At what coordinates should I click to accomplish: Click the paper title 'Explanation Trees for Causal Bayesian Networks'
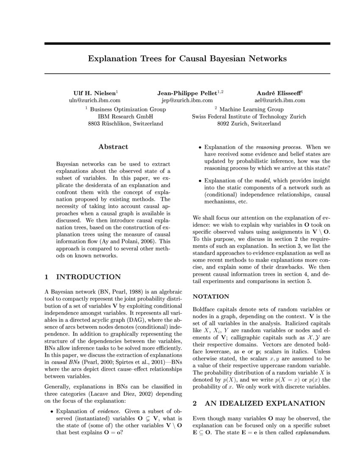[187, 58]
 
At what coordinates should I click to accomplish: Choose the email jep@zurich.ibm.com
[187, 100]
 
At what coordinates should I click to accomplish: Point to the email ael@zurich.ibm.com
[280, 100]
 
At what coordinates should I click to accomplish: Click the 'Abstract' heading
[113, 147]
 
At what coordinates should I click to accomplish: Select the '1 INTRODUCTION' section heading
[83, 277]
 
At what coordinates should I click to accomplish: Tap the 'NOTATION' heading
[211, 297]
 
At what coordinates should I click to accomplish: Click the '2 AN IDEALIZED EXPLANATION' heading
[259, 403]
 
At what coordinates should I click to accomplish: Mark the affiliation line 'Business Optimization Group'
[127, 109]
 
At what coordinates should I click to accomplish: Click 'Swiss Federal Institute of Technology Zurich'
[249, 116]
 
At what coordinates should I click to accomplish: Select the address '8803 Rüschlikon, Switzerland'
[125, 124]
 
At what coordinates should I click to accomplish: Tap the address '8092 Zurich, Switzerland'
[249, 124]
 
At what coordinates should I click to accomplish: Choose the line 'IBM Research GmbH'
[125, 116]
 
